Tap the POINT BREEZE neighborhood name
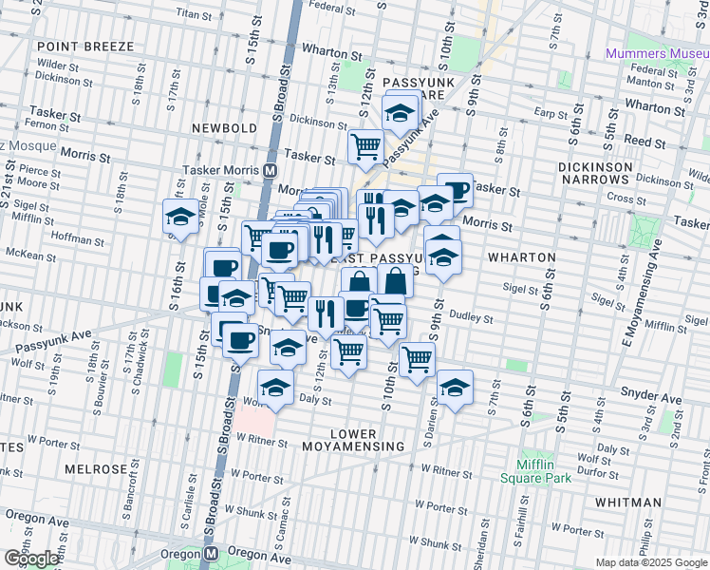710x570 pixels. click(x=76, y=47)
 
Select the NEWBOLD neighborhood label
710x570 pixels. click(x=224, y=127)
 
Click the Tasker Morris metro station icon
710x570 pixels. click(x=271, y=170)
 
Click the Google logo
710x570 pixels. click(x=31, y=559)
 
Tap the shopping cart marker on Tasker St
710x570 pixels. click(x=365, y=145)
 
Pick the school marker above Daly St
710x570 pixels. click(x=275, y=388)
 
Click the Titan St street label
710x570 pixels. click(x=193, y=15)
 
